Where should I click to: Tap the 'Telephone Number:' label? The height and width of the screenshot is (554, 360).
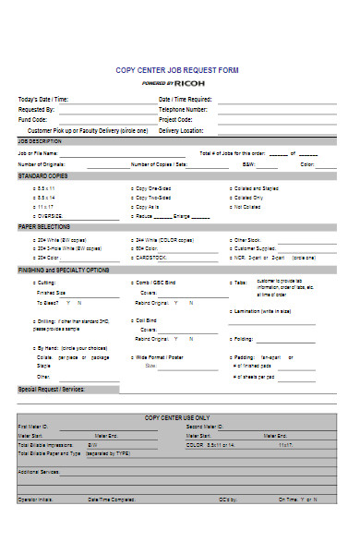(x=183, y=109)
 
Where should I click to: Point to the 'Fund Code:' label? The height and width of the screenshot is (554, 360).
(x=33, y=119)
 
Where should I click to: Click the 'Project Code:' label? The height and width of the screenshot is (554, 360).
(x=175, y=119)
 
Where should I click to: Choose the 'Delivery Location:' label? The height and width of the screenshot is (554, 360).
(x=181, y=130)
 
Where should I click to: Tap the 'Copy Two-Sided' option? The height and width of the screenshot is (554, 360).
(x=153, y=198)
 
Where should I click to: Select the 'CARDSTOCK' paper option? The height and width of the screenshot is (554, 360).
(x=150, y=258)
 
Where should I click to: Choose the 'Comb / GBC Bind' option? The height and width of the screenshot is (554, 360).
(x=155, y=283)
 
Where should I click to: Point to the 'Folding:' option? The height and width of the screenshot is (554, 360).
(x=243, y=338)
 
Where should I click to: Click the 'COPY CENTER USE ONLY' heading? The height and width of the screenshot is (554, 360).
(x=179, y=417)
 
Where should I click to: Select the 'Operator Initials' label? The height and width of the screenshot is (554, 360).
(x=38, y=500)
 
